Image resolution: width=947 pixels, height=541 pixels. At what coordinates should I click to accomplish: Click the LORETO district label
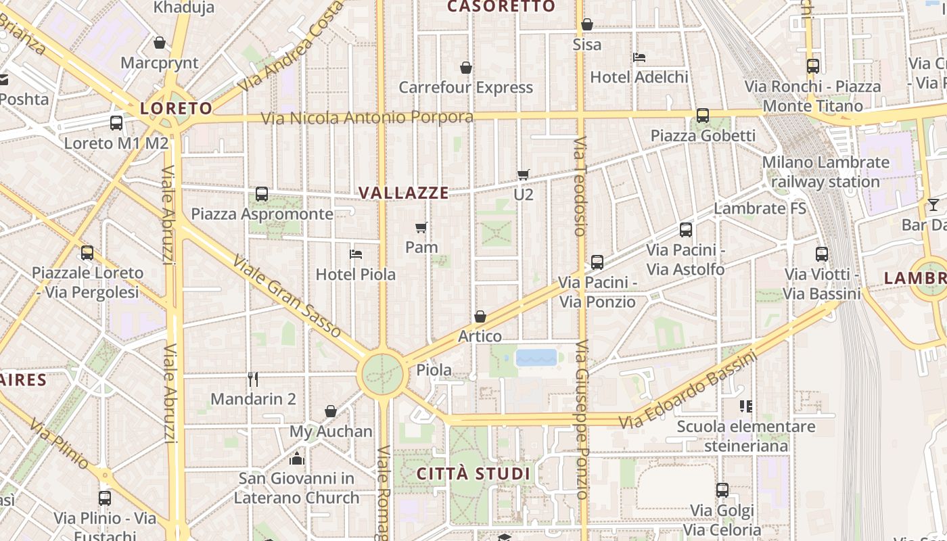tap(176, 108)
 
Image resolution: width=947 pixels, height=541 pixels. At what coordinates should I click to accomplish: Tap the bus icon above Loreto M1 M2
tap(116, 122)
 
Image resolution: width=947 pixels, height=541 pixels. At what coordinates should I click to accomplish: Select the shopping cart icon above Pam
tap(421, 227)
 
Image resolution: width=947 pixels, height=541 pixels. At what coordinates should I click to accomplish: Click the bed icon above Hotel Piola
tap(356, 254)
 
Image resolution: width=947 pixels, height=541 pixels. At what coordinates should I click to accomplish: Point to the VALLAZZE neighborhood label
tap(403, 193)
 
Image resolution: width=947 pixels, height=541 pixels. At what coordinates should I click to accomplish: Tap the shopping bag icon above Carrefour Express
tap(465, 68)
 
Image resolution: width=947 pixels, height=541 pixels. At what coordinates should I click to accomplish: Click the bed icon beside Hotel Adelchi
tap(639, 57)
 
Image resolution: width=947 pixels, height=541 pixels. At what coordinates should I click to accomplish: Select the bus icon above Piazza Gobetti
tap(703, 116)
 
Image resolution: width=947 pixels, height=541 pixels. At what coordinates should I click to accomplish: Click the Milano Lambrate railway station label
tap(825, 172)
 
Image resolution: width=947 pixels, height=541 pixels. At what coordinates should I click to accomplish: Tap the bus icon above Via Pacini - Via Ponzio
tap(597, 262)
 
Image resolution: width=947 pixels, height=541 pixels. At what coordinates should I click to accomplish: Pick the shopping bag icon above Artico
tap(480, 316)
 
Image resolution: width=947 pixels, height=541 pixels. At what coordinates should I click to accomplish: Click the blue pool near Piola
tap(536, 357)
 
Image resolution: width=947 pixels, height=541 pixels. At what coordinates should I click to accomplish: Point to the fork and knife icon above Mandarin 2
tap(253, 379)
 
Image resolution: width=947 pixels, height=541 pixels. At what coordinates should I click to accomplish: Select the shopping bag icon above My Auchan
tap(331, 411)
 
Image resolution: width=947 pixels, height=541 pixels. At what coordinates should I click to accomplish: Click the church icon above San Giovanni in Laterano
tap(297, 459)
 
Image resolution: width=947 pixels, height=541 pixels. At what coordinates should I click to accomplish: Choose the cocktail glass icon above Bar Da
tap(933, 204)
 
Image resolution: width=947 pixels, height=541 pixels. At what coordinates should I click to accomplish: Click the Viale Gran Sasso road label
tap(287, 296)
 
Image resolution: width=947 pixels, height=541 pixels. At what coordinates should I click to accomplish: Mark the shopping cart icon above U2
tap(523, 174)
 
